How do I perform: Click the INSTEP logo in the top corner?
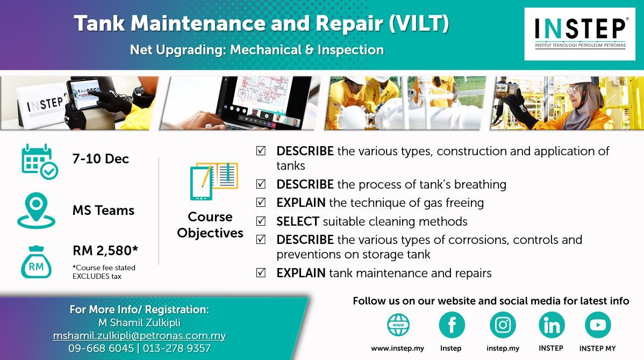point(579,34)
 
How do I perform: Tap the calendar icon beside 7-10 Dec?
point(39,162)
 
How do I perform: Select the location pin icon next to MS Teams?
point(36,210)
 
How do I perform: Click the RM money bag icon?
point(36,262)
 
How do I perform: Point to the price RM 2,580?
point(105,250)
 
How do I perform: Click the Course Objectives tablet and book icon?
point(213,181)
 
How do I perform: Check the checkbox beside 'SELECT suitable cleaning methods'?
point(261,221)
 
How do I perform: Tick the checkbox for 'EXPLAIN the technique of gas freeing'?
point(261,203)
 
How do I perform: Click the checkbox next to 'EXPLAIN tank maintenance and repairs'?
point(261,272)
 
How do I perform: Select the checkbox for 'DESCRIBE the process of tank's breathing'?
point(261,184)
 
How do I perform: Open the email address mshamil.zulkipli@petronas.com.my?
point(139,336)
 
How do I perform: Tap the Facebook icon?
point(452,325)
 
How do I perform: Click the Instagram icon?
point(503,325)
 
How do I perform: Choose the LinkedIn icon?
point(552,325)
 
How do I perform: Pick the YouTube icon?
point(598,325)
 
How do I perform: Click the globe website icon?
point(398,325)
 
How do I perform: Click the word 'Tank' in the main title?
point(99,24)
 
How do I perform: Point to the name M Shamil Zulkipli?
point(139,322)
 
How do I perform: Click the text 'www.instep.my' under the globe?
point(398,348)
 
